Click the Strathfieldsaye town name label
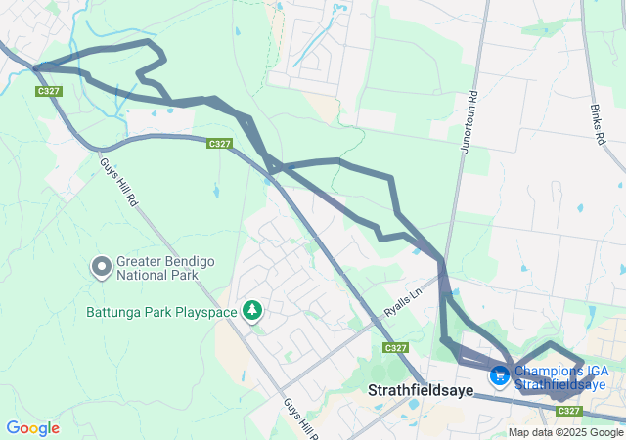pos(421,391)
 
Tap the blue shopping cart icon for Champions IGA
pos(500,375)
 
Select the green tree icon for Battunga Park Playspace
pos(253,310)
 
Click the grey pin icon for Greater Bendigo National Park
pos(101,266)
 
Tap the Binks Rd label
pos(597,126)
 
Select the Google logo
pos(32,428)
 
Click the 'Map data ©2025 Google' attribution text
pos(565,432)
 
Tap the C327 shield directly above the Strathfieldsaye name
pos(395,348)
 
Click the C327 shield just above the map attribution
pos(570,411)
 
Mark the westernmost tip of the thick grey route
pos(34,68)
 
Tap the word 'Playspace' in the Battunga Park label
pos(206,312)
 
